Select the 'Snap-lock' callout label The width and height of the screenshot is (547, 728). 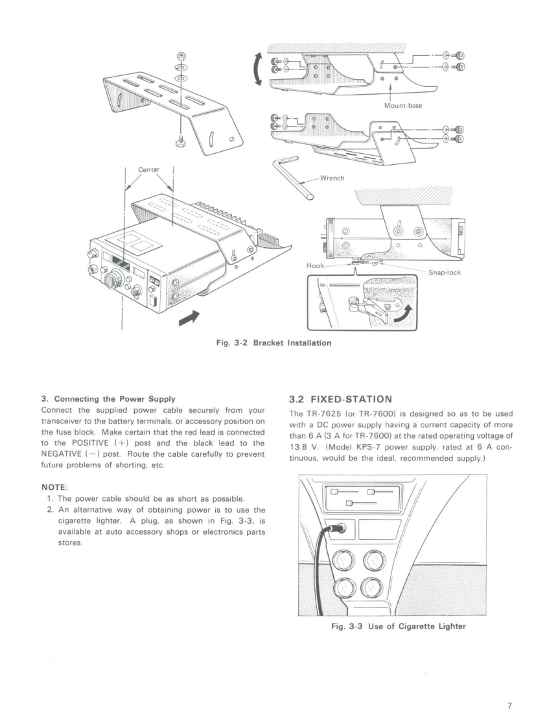pyautogui.click(x=445, y=273)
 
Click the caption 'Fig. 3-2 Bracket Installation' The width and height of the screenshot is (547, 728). pyautogui.click(x=273, y=342)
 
